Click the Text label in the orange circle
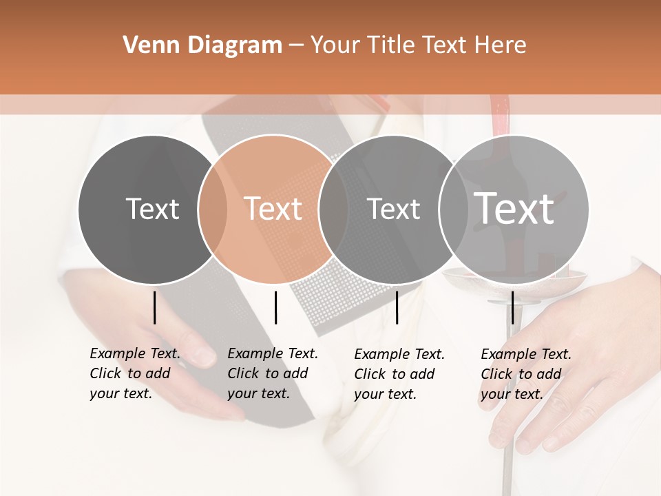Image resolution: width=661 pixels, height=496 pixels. [273, 209]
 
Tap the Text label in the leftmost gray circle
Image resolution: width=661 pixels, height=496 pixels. [152, 209]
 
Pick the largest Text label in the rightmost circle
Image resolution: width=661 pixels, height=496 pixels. [514, 208]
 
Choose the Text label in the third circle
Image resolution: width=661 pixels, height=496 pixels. [393, 209]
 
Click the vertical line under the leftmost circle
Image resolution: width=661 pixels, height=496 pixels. [154, 307]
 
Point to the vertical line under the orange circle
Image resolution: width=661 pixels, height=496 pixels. [275, 307]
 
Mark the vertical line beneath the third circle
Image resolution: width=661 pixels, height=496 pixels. [397, 307]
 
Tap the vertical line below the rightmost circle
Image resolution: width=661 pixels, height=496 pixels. [512, 307]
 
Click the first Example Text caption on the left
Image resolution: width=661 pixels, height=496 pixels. [135, 373]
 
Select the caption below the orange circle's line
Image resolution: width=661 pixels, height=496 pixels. [273, 373]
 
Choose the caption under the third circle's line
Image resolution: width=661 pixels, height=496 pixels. [399, 374]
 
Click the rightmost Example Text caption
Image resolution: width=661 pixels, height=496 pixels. [526, 374]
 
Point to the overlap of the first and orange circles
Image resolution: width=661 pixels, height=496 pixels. [213, 209]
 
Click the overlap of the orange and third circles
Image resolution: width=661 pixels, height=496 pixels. [333, 209]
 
